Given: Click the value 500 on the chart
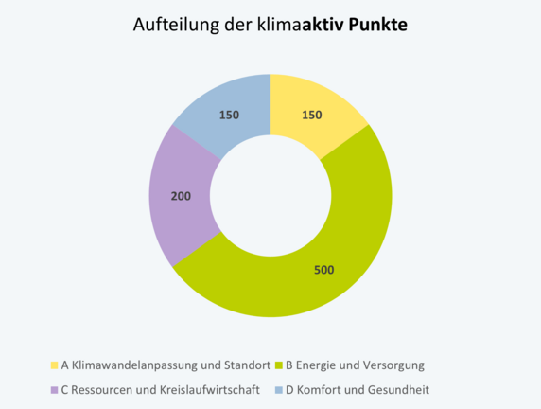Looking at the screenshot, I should (x=324, y=269).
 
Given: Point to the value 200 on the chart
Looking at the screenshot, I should (x=181, y=197).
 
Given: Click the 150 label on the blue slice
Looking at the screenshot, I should (x=228, y=115).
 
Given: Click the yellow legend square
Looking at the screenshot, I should (x=53, y=365).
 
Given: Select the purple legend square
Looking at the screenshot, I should (x=53, y=389).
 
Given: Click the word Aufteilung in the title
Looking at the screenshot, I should (x=171, y=25).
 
